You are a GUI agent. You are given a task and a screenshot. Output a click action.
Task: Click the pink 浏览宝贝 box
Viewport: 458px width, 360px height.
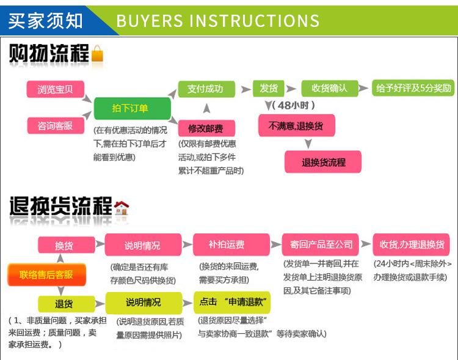click(x=56, y=89)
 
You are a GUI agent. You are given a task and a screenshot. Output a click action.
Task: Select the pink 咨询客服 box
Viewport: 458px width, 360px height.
click(x=56, y=126)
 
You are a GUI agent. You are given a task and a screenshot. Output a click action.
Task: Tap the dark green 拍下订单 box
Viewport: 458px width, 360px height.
click(x=133, y=109)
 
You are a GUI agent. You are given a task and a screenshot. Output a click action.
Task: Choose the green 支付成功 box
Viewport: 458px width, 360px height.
click(x=206, y=89)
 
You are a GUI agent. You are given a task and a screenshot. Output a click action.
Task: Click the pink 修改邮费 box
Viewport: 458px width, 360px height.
click(x=206, y=128)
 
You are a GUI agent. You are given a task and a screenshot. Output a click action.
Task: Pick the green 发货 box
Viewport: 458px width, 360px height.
click(x=269, y=88)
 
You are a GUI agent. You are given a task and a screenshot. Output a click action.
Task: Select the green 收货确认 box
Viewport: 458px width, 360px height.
click(x=330, y=88)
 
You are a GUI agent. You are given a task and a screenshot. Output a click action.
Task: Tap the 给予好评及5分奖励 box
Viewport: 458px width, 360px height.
click(x=413, y=88)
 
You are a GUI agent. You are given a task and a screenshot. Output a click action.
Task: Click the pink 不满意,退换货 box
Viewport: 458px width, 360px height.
click(x=296, y=125)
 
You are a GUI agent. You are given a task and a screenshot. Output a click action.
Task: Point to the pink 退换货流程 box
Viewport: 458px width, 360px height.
click(x=323, y=162)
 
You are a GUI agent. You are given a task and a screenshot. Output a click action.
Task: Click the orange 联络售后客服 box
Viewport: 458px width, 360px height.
click(x=47, y=274)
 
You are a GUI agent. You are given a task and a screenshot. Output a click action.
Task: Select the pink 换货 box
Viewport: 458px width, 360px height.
click(x=67, y=244)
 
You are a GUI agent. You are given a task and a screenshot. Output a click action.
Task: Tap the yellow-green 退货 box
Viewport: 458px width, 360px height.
click(x=67, y=304)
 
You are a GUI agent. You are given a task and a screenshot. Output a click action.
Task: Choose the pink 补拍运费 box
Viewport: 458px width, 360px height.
click(x=231, y=244)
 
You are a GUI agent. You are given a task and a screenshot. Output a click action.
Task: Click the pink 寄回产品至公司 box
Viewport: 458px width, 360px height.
click(x=320, y=244)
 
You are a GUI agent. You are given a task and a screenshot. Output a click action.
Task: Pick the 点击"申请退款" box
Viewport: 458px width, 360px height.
click(x=232, y=302)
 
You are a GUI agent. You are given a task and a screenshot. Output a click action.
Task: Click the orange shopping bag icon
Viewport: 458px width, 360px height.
click(x=97, y=53)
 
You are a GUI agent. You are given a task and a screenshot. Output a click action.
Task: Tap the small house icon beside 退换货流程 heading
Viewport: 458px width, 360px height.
click(x=122, y=208)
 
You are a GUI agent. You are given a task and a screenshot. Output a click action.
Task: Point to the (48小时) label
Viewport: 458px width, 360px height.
click(x=293, y=105)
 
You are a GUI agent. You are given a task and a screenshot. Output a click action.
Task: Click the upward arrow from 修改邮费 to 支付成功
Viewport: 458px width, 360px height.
click(x=206, y=108)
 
